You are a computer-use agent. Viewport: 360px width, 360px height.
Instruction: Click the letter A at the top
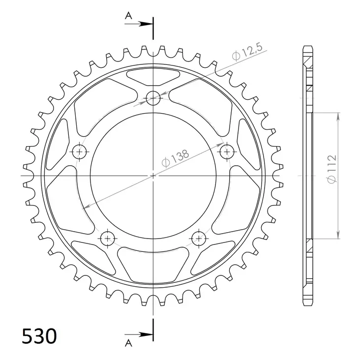pyautogui.click(x=129, y=16)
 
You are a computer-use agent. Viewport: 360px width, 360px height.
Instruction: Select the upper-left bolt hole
pyautogui.click(x=79, y=151)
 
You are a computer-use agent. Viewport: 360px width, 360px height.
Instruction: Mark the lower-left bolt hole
pyautogui.click(x=108, y=239)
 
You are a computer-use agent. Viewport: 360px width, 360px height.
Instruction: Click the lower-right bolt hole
pyautogui.click(x=199, y=239)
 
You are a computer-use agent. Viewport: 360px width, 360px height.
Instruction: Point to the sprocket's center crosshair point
pyautogui.click(x=153, y=176)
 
